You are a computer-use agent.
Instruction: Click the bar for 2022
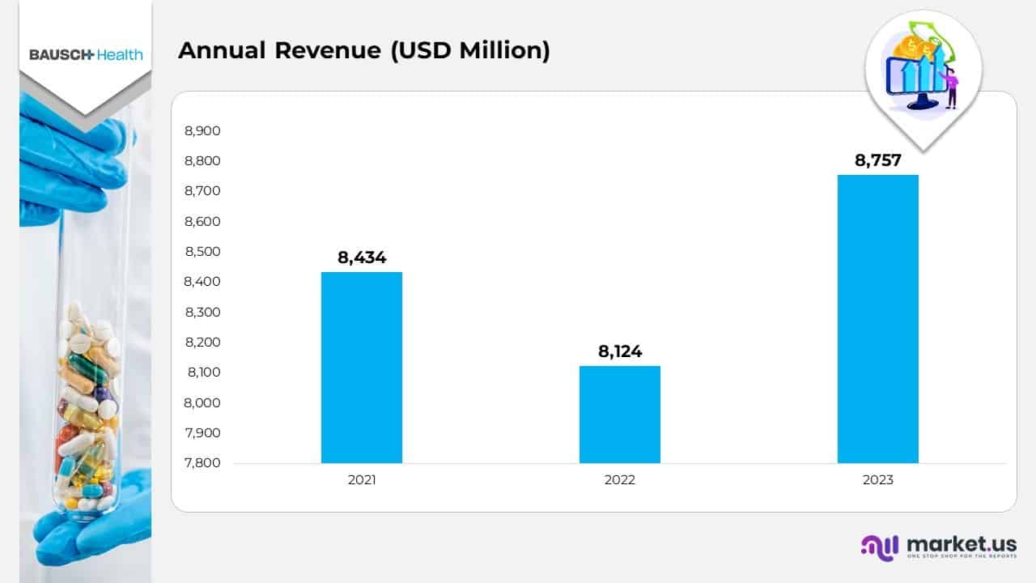coord(619,414)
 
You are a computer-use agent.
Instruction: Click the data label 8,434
coord(362,257)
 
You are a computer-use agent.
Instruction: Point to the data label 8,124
coord(620,351)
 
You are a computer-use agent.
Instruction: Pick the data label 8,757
coord(878,160)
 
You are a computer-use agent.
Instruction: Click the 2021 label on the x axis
coord(362,480)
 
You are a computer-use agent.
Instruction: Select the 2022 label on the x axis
coord(620,480)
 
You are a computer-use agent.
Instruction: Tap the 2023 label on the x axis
coord(878,480)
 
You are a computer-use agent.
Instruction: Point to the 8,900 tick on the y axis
coord(202,130)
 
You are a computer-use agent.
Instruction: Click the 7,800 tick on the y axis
coord(202,463)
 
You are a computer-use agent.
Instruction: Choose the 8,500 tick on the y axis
coord(202,252)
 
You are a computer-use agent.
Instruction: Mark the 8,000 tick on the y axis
coord(202,402)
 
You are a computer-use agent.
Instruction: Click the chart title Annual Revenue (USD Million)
coord(363,50)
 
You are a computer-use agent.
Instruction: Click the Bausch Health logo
coord(86,55)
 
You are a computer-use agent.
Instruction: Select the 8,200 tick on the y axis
coord(202,343)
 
